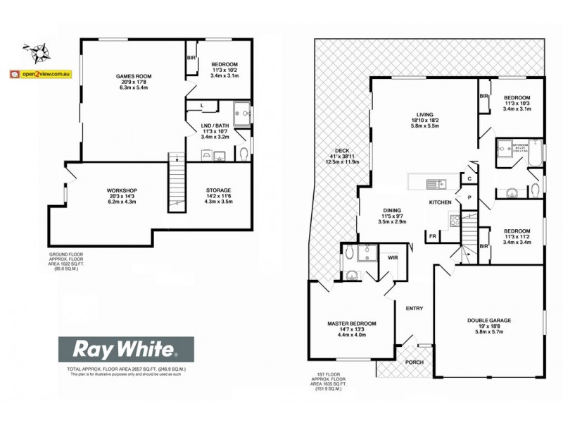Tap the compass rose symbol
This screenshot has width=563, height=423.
pos(37,51)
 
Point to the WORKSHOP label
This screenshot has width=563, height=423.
pos(121,191)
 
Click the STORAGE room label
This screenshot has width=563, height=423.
pos(218,191)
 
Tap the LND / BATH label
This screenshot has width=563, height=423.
pos(215,125)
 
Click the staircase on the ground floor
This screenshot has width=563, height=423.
pos(176,182)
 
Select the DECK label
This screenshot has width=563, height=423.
pos(342,151)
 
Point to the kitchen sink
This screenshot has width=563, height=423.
pos(434,184)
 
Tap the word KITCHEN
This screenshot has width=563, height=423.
pos(440,203)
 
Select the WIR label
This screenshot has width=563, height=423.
pos(393,258)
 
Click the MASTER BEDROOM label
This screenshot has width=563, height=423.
pos(352,324)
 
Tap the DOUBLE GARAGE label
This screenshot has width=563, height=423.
pos(488,321)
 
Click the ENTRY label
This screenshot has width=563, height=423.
pos(415,307)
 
